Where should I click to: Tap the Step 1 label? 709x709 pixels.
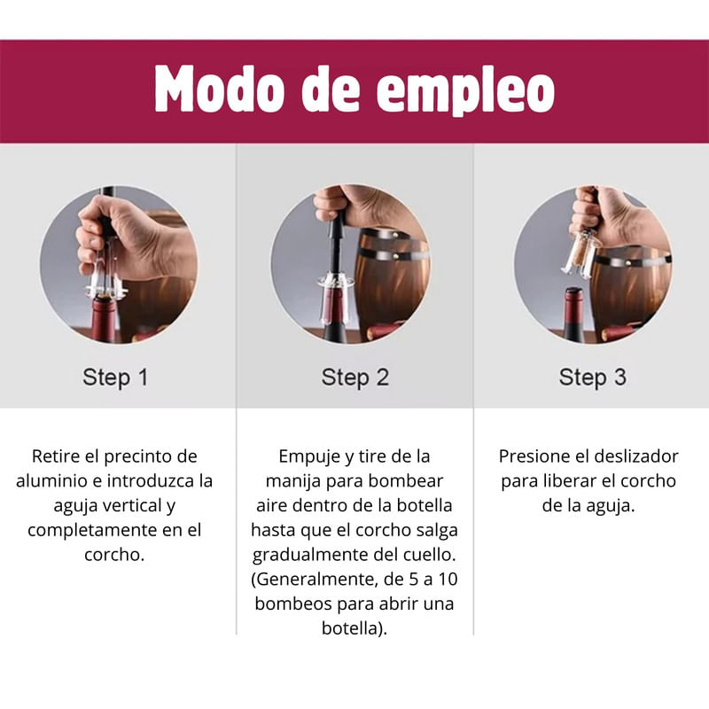click(x=115, y=378)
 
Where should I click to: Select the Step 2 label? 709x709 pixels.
click(x=355, y=378)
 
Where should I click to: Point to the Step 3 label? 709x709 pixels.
click(x=593, y=378)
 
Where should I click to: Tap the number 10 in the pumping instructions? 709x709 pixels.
click(x=448, y=580)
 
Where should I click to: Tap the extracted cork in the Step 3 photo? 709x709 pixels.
click(x=580, y=253)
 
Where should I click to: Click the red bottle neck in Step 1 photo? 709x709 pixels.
click(x=104, y=319)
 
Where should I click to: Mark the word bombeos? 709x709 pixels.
click(x=293, y=604)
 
